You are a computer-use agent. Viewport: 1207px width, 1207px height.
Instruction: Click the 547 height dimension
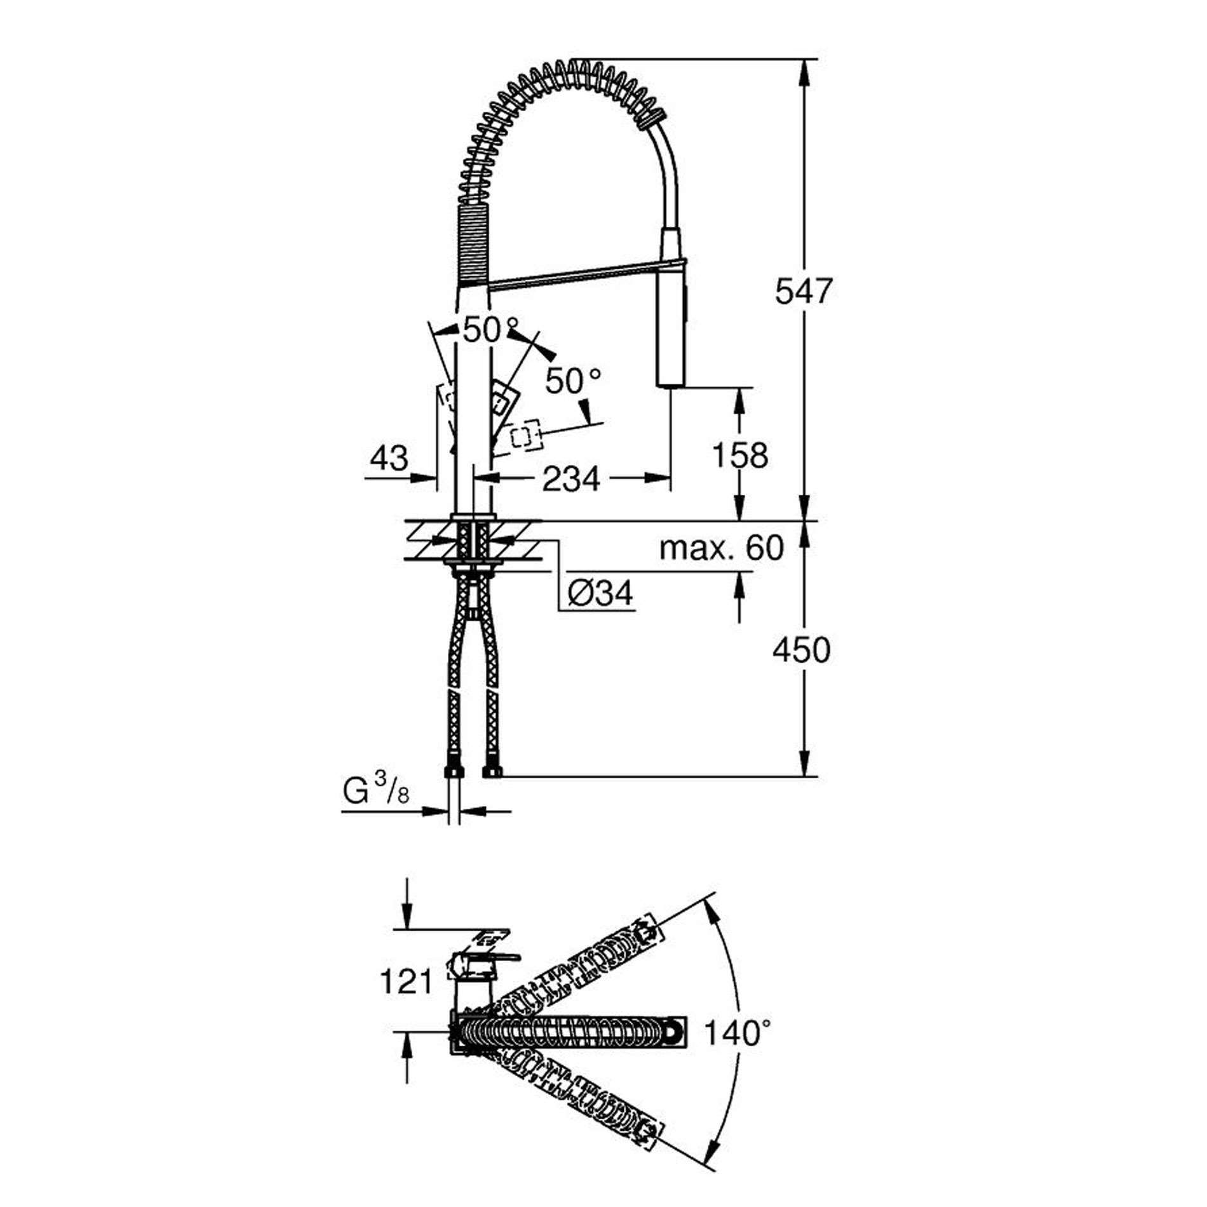[x=803, y=292]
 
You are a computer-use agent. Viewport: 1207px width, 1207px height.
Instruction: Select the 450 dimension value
[x=802, y=650]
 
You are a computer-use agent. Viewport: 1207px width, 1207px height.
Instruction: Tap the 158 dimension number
[x=740, y=455]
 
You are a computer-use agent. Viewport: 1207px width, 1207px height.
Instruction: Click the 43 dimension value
[x=389, y=457]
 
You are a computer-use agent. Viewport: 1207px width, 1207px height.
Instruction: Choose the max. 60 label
[x=722, y=548]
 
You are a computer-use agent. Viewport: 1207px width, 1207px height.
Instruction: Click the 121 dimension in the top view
[x=406, y=982]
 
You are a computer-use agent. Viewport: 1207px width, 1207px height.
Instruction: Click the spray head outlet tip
[x=670, y=383]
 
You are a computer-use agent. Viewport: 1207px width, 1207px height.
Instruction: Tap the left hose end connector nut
[x=453, y=771]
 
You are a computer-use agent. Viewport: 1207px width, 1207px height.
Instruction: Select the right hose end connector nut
[x=493, y=771]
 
